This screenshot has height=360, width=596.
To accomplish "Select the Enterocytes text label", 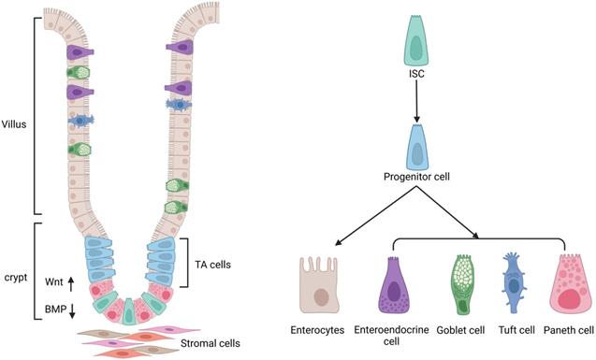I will coord(319,331).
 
